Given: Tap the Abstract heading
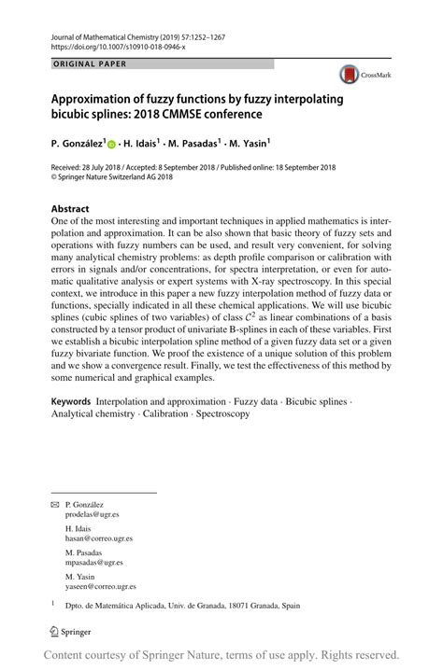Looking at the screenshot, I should [x=70, y=209].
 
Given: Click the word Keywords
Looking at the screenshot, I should [x=72, y=398].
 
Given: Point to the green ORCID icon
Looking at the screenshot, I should [x=112, y=146].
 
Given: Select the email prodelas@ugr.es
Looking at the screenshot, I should [x=92, y=514].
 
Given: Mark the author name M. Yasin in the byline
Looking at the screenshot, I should [x=247, y=145].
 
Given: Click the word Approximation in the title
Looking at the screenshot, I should [x=99, y=97].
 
